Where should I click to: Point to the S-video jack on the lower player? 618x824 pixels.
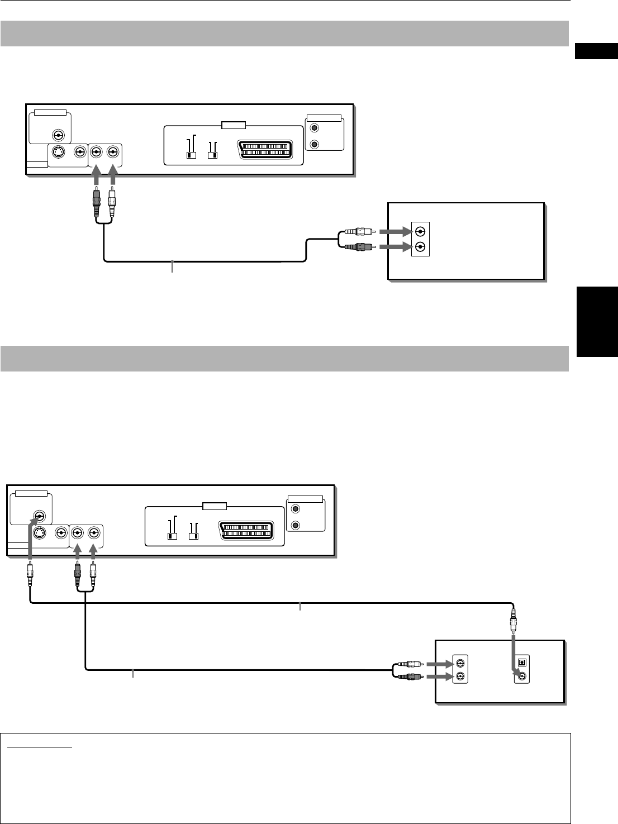tap(39, 534)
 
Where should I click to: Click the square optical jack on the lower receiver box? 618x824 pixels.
tap(522, 661)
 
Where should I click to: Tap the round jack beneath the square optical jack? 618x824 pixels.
tap(522, 677)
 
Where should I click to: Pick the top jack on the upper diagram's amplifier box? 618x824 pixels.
tap(421, 232)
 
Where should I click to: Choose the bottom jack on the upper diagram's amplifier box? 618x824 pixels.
tap(421, 247)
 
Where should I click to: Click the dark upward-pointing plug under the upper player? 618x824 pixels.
tap(97, 204)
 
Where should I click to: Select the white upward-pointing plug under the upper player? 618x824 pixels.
tap(113, 204)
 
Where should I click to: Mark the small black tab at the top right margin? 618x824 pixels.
tap(596, 51)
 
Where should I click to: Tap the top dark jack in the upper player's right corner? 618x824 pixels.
tap(315, 130)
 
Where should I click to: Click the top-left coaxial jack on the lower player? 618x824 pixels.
tap(39, 516)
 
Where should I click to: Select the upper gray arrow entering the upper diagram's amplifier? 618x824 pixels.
tap(394, 232)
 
